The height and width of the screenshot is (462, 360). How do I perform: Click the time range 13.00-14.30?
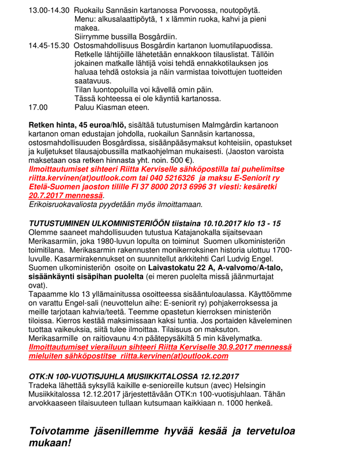click(x=49, y=10)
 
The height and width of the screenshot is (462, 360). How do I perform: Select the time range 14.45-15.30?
click(x=49, y=45)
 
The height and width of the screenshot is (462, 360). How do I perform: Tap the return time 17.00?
click(x=38, y=106)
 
